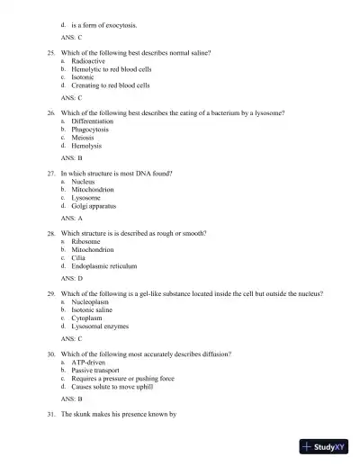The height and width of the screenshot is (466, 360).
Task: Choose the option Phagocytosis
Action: coord(91,129)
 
